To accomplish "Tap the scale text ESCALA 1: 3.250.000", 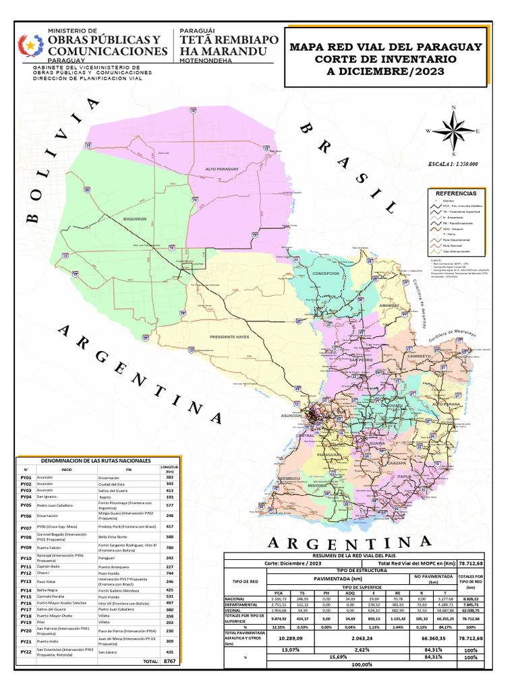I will click(x=453, y=164).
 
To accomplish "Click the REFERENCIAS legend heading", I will click(x=457, y=193).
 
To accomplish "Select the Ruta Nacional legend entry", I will click(x=452, y=245).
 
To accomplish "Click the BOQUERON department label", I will click(x=135, y=218).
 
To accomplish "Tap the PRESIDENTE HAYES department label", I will click(x=230, y=336).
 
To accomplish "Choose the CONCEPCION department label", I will click(x=325, y=274).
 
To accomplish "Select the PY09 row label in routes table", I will click(x=26, y=548).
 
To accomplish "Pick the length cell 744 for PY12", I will click(x=169, y=573).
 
